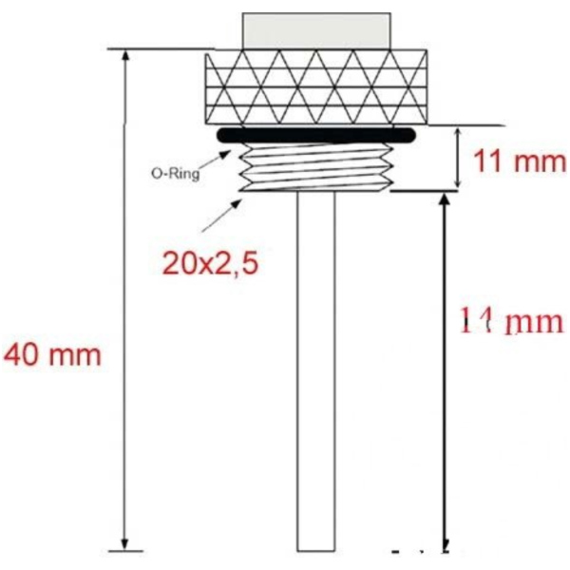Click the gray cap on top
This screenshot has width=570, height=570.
[x=316, y=31]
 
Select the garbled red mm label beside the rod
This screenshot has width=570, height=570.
[x=511, y=323]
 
